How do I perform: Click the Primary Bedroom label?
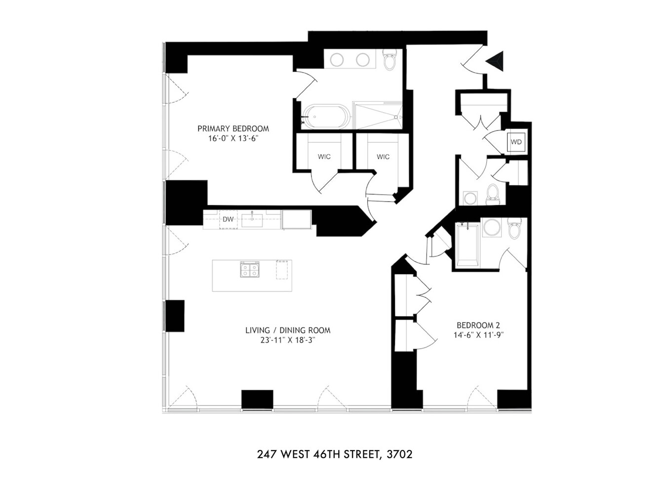click(233, 128)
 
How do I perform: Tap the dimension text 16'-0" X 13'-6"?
click(233, 139)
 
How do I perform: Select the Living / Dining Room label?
click(288, 330)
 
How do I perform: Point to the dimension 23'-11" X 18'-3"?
click(288, 340)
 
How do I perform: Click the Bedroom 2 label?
click(478, 325)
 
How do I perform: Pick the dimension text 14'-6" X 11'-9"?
click(478, 335)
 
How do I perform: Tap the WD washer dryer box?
click(516, 142)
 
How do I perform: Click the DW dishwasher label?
click(228, 219)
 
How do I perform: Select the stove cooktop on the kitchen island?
click(249, 270)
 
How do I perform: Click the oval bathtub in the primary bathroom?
click(326, 117)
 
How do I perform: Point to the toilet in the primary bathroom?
click(390, 60)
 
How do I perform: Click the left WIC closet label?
click(324, 157)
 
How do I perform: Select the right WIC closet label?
click(383, 157)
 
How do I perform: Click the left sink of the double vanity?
click(337, 60)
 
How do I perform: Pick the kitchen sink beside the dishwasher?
click(252, 220)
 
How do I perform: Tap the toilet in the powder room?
click(492, 194)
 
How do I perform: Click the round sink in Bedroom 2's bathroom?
click(491, 228)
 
